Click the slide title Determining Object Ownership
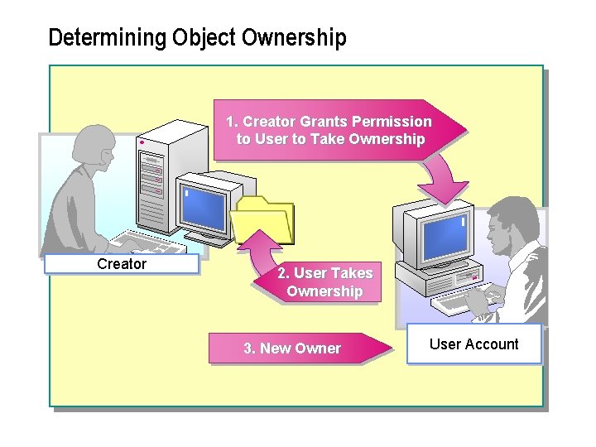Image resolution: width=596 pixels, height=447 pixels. tap(197, 38)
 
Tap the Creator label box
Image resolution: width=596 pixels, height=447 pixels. tap(122, 264)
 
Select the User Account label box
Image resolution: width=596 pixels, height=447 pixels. tap(473, 344)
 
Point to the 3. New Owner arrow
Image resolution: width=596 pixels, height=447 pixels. tap(298, 348)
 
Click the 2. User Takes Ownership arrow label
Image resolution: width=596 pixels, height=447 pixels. tap(324, 282)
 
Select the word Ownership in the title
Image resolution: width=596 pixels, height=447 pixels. tap(294, 38)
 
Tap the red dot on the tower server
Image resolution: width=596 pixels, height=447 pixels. tap(142, 142)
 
